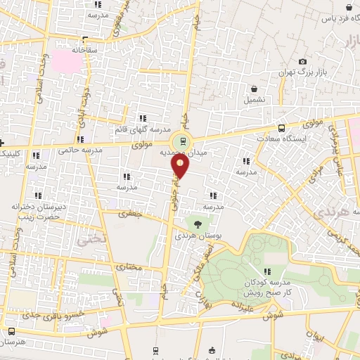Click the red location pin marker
coord(181,166)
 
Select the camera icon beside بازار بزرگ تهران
coord(303,62)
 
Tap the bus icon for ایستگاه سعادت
coord(281,128)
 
